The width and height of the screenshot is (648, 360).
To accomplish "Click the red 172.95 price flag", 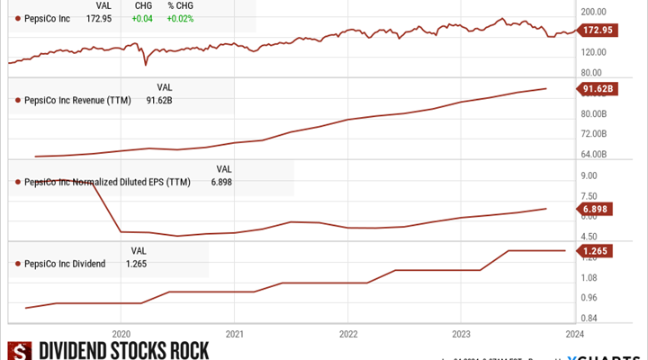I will (598, 31).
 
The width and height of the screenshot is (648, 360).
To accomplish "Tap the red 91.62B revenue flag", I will (598, 88).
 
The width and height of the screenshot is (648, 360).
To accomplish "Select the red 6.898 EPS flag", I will (598, 209).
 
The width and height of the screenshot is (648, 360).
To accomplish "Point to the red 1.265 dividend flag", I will (598, 250).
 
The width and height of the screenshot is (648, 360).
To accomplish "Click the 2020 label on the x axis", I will (121, 332).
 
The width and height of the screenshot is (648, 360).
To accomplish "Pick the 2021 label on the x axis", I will (234, 332).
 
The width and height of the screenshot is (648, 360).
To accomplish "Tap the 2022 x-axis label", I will (347, 332).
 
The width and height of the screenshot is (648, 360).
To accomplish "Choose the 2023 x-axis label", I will (460, 332).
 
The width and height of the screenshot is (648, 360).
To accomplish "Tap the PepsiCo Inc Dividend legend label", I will (65, 264).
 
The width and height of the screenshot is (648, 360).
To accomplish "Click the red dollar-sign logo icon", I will (19, 351).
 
